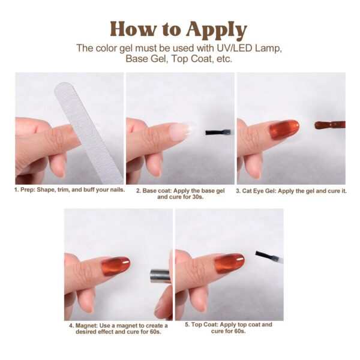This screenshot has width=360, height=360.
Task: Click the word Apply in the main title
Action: (x=217, y=30)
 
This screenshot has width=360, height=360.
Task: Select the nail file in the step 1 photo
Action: (x=88, y=133)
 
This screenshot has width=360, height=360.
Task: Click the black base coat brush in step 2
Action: (x=218, y=132)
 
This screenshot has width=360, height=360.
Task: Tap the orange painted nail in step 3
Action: (x=284, y=129)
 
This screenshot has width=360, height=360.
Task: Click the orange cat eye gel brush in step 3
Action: (x=329, y=125)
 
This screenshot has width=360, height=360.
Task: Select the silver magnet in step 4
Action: (x=160, y=276)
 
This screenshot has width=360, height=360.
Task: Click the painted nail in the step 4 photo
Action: (x=115, y=266)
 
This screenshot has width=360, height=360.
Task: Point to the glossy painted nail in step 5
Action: (x=229, y=263)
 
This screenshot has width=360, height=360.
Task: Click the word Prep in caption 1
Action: (x=28, y=190)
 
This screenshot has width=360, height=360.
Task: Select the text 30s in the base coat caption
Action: (x=197, y=197)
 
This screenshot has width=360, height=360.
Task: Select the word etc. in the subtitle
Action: (x=224, y=59)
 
